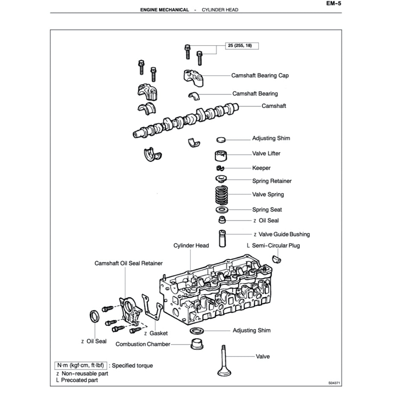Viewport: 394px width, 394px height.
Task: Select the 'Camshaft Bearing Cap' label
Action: coord(260,75)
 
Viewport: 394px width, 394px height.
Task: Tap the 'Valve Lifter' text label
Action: coord(266,154)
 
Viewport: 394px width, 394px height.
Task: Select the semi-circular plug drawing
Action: coord(276,258)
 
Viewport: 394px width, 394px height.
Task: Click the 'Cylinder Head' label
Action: coord(191,246)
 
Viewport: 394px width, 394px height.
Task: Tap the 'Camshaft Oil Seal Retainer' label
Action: coord(128,264)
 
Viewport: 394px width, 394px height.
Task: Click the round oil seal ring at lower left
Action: coord(95,317)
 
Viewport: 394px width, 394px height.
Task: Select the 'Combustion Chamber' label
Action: coord(143,344)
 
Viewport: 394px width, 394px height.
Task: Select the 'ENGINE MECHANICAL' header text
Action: coord(164,9)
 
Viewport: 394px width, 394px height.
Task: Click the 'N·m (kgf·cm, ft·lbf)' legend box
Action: coord(80,365)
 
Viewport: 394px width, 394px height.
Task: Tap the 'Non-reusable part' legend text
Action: coord(85,373)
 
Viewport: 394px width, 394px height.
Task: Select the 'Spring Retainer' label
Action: coord(272,181)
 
